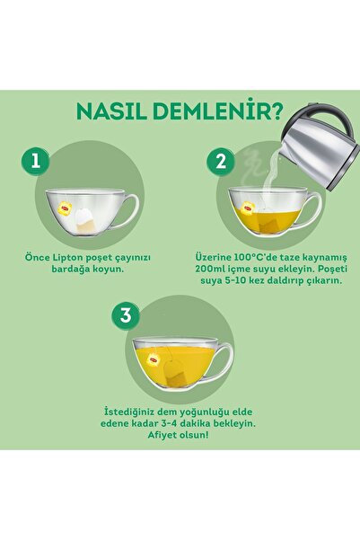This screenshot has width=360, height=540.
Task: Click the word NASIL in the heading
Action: click(112, 114)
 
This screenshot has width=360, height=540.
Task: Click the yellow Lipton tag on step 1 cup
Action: click(66, 209)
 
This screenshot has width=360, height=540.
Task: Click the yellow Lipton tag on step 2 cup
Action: click(244, 208)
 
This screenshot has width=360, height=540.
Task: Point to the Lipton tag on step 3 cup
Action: click(153, 357)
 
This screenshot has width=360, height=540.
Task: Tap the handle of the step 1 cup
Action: click(127, 211)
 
